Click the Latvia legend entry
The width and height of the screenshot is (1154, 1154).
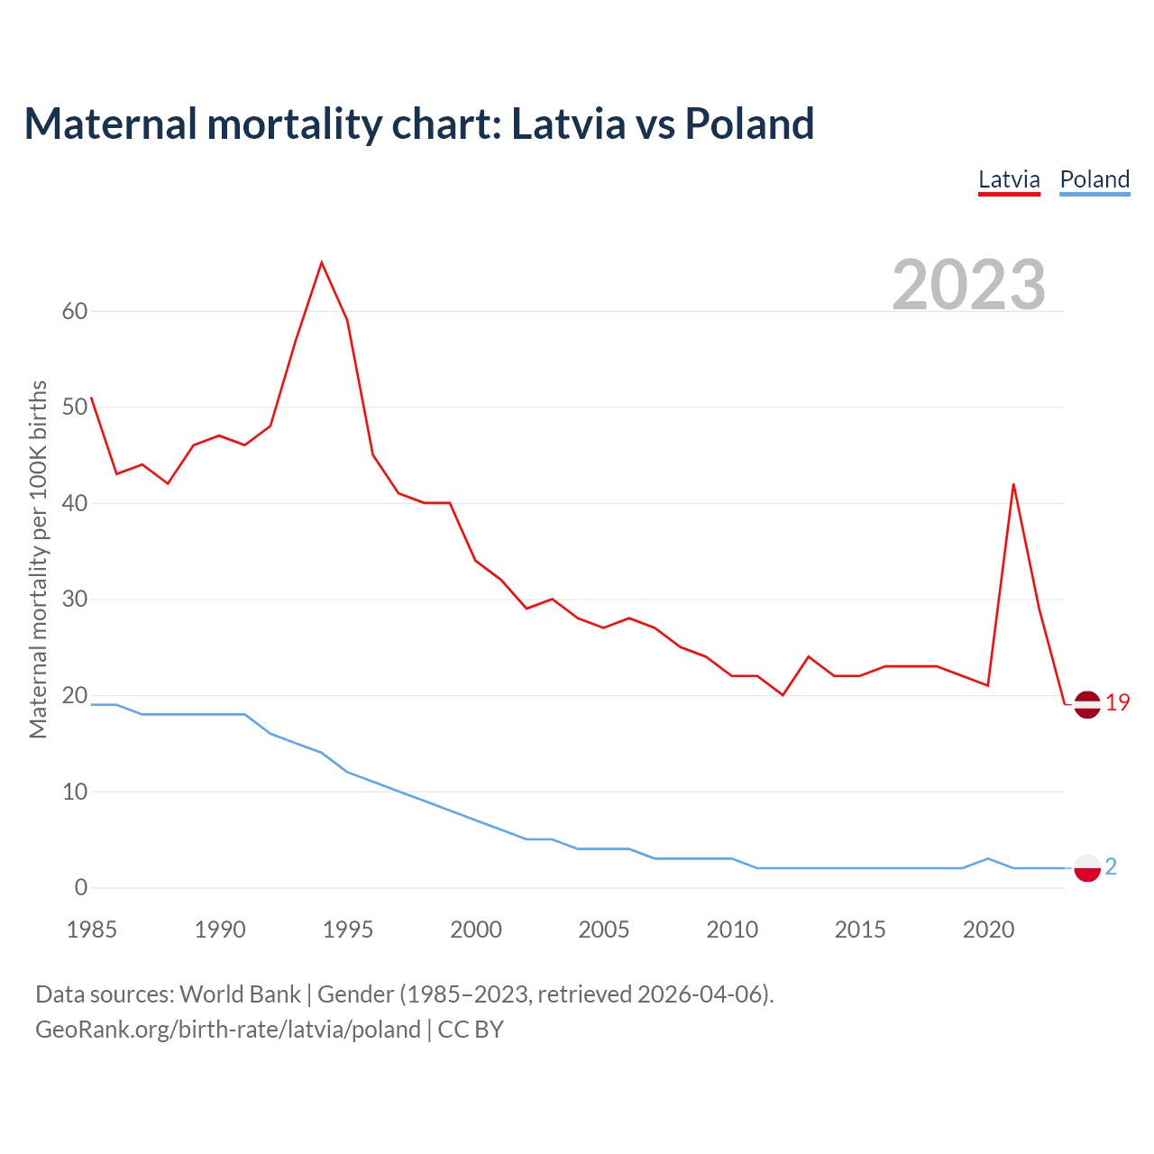click(1009, 179)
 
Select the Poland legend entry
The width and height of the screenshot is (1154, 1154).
click(1094, 179)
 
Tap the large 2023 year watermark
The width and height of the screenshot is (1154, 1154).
click(969, 284)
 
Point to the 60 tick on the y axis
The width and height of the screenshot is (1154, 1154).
click(75, 312)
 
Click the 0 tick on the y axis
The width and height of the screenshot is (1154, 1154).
click(81, 888)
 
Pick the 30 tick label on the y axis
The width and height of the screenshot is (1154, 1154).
click(75, 600)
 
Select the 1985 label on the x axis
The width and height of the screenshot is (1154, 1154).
click(92, 930)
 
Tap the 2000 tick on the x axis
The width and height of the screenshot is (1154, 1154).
click(476, 930)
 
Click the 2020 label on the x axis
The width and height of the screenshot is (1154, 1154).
click(988, 930)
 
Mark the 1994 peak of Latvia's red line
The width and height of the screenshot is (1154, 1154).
click(322, 262)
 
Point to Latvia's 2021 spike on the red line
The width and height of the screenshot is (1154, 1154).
click(1013, 484)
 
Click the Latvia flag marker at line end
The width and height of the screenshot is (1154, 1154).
click(1087, 704)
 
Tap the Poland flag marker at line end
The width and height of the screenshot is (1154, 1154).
click(1087, 868)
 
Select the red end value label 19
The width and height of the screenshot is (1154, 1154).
click(1118, 703)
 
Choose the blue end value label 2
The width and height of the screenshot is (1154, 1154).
click(1111, 867)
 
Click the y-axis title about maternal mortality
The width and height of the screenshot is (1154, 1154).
click(38, 559)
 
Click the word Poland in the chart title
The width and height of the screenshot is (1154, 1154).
click(749, 124)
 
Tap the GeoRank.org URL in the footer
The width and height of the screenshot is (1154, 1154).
click(228, 1030)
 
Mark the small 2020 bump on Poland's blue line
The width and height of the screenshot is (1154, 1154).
click(988, 858)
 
